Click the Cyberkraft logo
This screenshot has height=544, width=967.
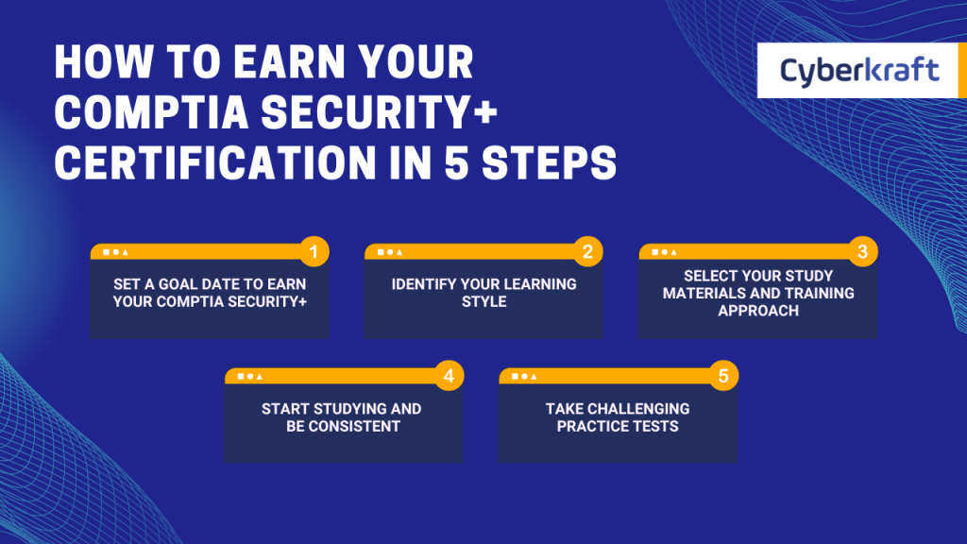click(859, 71)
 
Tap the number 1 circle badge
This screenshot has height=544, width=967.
click(315, 251)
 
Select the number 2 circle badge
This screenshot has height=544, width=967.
click(587, 251)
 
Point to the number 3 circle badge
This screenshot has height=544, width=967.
click(862, 251)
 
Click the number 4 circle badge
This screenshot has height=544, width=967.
click(450, 376)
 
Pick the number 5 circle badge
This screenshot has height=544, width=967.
click(723, 376)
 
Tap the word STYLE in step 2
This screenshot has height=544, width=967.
click(484, 301)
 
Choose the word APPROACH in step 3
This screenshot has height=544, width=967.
click(758, 310)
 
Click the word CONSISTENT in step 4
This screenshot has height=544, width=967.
click(344, 426)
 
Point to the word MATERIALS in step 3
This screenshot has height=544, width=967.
click(704, 293)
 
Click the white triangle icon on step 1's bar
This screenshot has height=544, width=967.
click(125, 252)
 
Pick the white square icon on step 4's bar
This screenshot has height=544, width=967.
click(241, 377)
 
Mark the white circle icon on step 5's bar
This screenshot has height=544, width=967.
click(525, 377)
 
